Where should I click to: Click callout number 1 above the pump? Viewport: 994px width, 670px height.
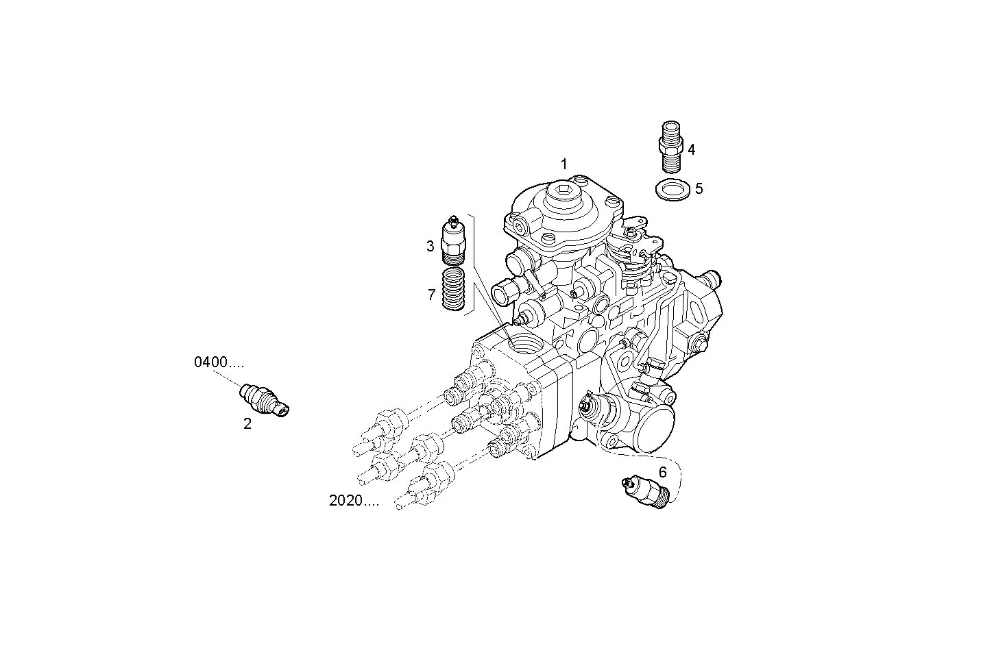click(563, 164)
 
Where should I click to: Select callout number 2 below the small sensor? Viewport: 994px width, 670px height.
click(247, 424)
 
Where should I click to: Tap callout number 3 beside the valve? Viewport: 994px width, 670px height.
click(431, 246)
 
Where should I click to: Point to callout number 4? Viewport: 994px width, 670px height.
click(692, 149)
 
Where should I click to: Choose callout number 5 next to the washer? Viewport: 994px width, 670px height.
click(699, 188)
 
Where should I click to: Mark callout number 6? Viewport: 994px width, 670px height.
click(662, 471)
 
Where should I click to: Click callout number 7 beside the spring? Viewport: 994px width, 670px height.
click(431, 295)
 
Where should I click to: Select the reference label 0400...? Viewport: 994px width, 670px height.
click(219, 363)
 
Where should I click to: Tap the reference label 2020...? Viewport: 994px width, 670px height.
click(354, 501)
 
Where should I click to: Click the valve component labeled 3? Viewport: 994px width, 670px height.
click(453, 240)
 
